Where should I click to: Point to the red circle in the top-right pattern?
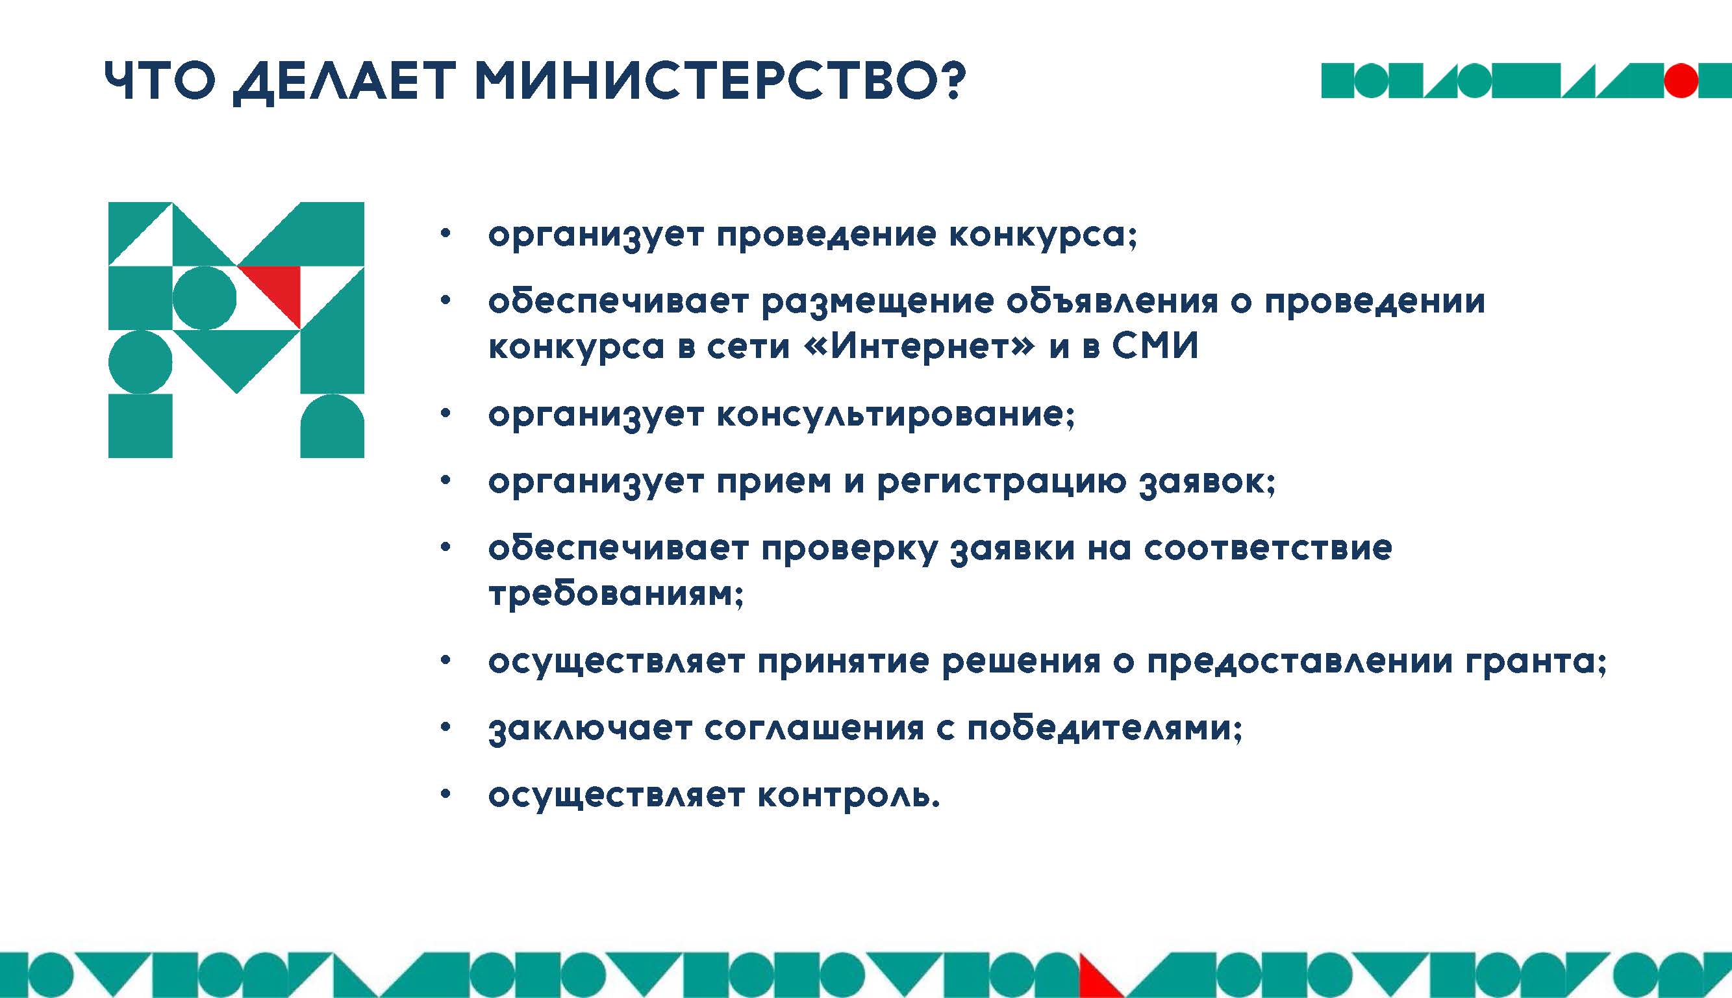click(1681, 81)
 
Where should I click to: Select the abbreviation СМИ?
click(1155, 346)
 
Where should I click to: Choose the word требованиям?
click(616, 592)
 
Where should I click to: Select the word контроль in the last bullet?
click(849, 796)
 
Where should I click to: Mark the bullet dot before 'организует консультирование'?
click(446, 414)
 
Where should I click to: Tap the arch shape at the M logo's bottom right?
click(333, 426)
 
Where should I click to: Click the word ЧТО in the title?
click(160, 81)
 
